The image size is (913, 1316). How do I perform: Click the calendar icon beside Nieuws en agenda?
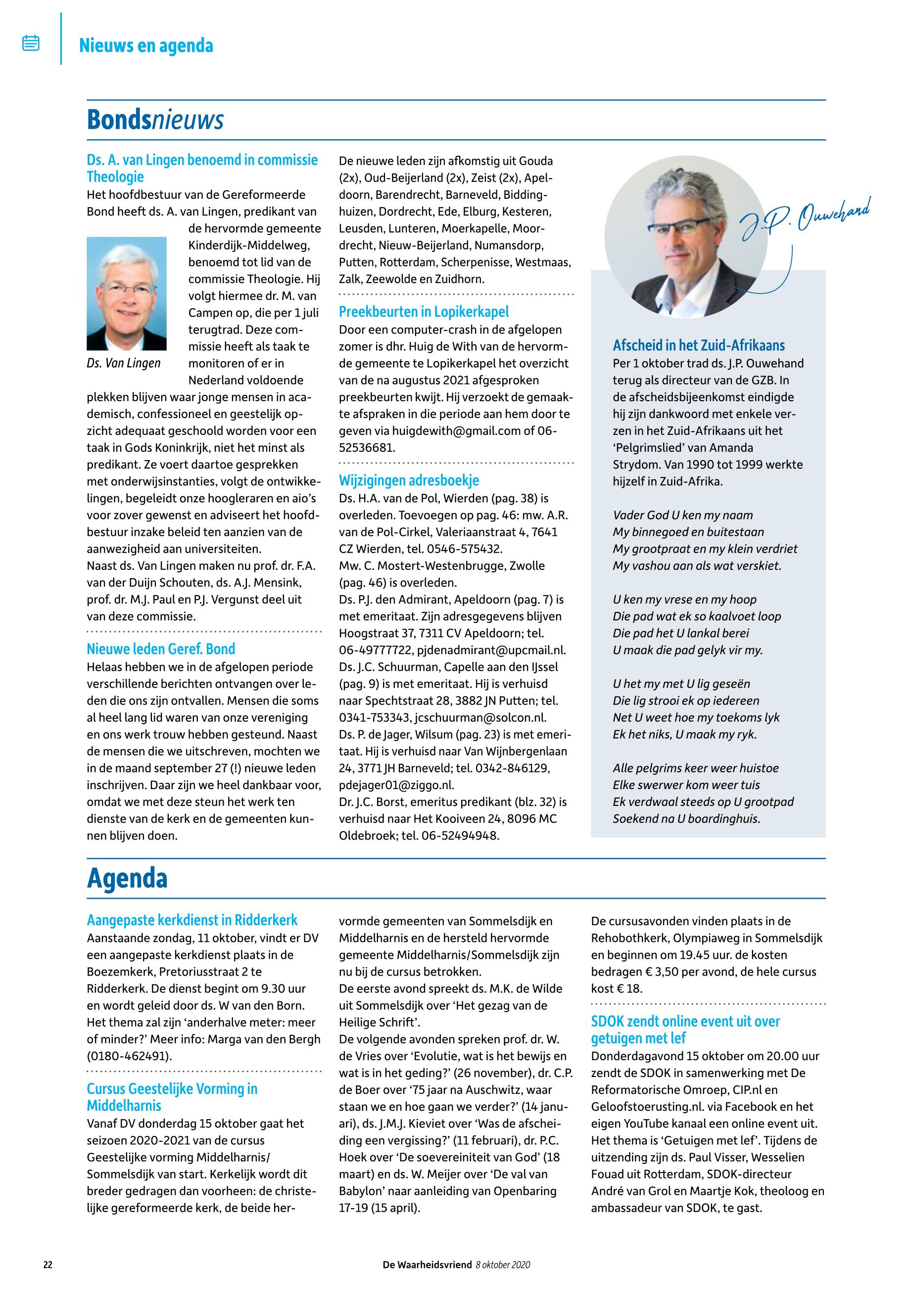point(31,44)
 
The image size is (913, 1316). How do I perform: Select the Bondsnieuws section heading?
point(155,120)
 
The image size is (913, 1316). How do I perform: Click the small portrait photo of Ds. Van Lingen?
point(126,293)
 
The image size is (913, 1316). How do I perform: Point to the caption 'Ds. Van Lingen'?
point(124,364)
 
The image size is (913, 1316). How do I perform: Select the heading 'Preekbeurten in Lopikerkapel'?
point(424,312)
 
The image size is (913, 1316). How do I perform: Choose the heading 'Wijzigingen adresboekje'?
point(409,480)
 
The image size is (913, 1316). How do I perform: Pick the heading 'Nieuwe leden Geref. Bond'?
point(161,649)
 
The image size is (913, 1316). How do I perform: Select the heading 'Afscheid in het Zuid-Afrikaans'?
point(698,346)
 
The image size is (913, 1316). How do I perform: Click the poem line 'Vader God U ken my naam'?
point(682,516)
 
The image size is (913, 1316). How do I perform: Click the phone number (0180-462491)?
point(129,1056)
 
